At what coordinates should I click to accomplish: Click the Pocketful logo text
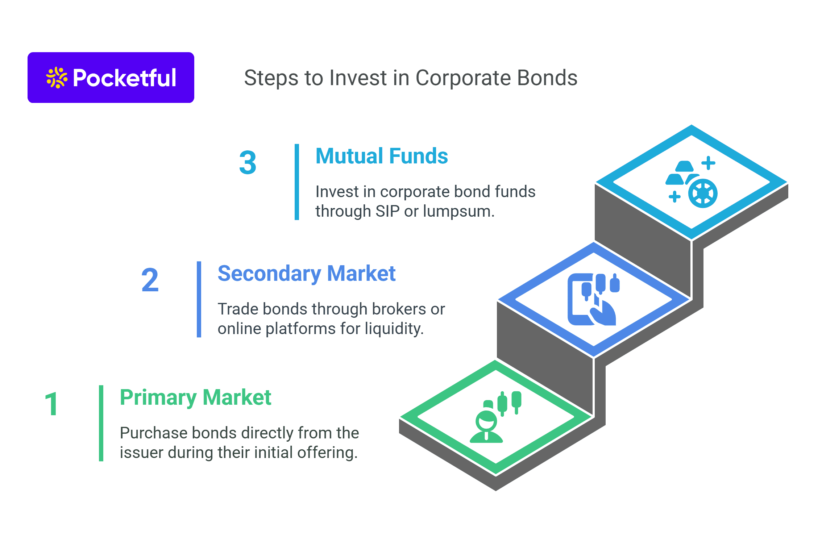tap(124, 78)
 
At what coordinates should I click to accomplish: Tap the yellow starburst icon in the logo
tap(57, 78)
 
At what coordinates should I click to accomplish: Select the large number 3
tap(248, 163)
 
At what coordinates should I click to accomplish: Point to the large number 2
tap(150, 280)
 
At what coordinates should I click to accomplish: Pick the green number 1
tap(51, 404)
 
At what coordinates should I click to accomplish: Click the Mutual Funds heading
tap(382, 156)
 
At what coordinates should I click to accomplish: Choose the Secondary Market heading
tap(306, 274)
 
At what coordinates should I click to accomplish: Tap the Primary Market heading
tap(195, 397)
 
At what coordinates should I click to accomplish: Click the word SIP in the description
tap(387, 211)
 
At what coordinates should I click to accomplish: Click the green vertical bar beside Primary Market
tap(101, 423)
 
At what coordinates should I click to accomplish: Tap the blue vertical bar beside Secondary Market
tap(199, 299)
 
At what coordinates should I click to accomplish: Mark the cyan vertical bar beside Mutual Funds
tap(297, 182)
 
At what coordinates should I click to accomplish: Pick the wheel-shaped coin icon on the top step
tap(703, 193)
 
